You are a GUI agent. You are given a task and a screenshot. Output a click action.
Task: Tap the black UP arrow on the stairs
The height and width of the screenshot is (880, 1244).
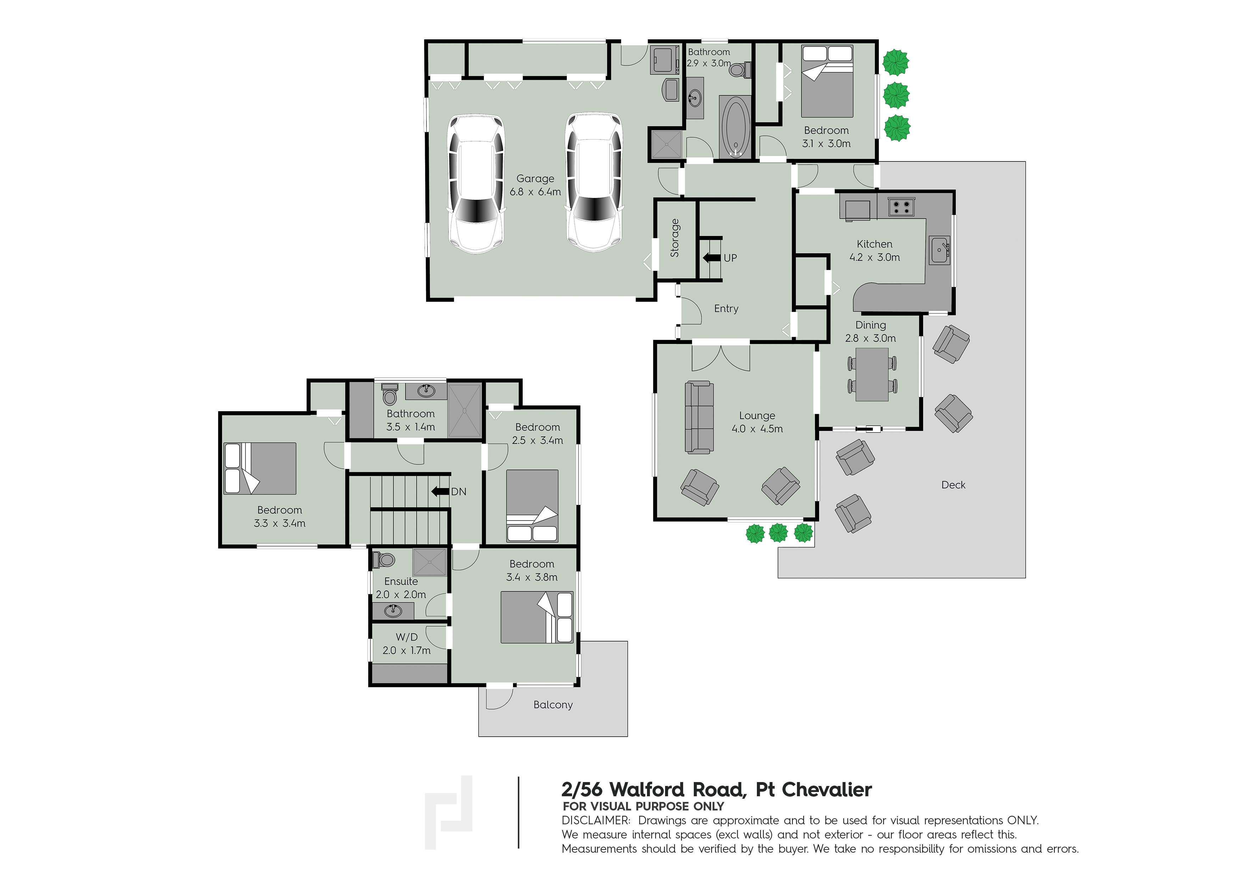click(x=712, y=258)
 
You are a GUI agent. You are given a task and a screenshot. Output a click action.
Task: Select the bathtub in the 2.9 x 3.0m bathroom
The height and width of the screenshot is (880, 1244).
click(x=735, y=127)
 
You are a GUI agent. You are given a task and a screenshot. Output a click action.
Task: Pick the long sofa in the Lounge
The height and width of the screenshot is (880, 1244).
click(x=699, y=417)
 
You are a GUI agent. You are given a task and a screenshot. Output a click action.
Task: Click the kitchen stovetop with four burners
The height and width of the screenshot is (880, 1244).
click(x=901, y=207)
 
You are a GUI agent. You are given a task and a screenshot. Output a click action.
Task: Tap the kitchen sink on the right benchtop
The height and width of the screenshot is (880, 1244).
click(x=939, y=250)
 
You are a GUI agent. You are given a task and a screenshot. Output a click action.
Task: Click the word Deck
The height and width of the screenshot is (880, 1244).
click(x=953, y=485)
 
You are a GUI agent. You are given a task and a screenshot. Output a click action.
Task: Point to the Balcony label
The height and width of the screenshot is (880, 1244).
click(x=553, y=704)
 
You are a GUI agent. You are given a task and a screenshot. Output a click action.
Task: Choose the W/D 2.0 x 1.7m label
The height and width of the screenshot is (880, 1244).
click(x=406, y=644)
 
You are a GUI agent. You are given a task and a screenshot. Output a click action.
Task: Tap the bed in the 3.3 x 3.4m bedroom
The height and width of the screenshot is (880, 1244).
click(x=260, y=468)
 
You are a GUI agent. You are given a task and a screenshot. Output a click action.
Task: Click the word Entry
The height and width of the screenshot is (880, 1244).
click(x=726, y=308)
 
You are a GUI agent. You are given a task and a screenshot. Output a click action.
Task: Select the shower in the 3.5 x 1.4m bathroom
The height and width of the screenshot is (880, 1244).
click(x=464, y=411)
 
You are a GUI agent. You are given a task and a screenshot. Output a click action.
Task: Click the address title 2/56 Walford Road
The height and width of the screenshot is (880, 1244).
click(x=716, y=790)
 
